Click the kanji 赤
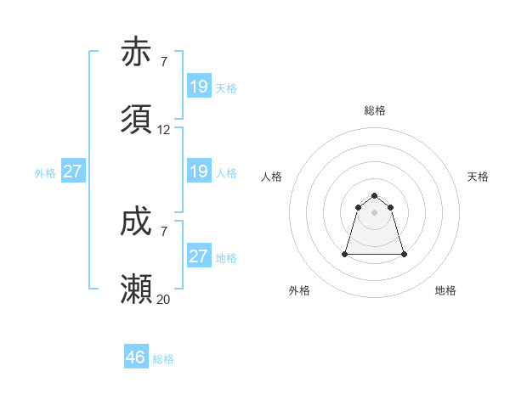137,53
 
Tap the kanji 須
137,121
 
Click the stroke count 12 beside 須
164,130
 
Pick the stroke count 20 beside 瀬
164,299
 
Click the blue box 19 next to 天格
199,87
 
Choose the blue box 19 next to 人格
199,171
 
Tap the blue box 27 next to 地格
199,256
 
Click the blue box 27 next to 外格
73,171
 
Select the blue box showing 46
136,357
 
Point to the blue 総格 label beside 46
163,359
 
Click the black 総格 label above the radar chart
375,110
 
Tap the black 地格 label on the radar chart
445,290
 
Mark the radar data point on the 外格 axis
346,254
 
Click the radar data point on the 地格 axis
404,254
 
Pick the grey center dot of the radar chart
375,212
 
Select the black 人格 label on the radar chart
272,177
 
